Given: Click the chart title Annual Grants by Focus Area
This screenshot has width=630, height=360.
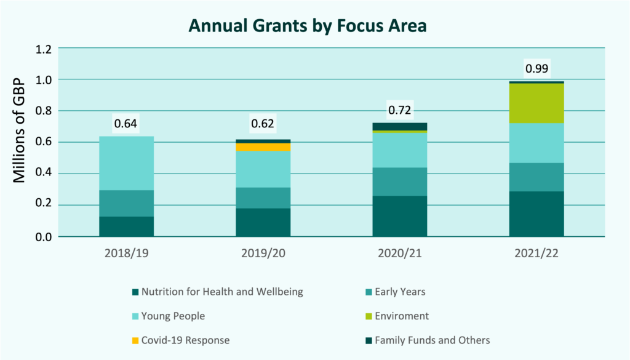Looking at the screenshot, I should pos(307,26).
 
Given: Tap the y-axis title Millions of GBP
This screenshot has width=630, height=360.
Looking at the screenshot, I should pos(19,130).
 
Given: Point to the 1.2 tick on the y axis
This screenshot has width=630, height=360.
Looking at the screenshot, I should pos(44,48).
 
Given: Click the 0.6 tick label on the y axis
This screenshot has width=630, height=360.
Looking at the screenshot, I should pos(44,142).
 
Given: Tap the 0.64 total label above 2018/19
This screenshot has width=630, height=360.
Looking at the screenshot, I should pos(126,124).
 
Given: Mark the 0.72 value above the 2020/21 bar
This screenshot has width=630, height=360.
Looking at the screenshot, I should pos(400,111).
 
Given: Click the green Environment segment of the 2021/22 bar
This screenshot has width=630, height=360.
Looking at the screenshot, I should pos(536,103).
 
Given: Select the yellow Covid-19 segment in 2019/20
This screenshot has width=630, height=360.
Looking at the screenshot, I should pos(263,147).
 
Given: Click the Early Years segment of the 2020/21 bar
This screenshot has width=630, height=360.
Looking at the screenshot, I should pos(400,182).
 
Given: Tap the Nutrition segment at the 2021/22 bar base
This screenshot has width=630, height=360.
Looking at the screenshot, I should pos(536,214).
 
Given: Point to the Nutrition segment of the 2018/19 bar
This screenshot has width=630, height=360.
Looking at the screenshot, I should pos(126,226).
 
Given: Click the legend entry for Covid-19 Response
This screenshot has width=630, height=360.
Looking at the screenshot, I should pos(185,340).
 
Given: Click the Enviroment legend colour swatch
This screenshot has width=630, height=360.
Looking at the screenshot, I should pos(369,316).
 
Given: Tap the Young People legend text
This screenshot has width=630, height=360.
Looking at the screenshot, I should pos(173,316).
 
